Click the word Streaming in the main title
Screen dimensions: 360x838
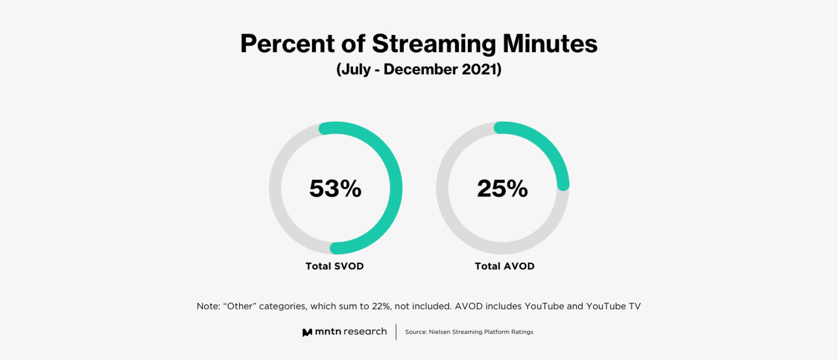[433, 44]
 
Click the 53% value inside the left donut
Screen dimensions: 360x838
[335, 189]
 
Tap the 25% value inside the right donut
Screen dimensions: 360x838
[502, 189]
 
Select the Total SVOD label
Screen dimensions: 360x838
[334, 266]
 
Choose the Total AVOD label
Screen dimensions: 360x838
[504, 266]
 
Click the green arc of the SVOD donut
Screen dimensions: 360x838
[396, 188]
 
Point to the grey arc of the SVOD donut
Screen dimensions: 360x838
[276, 188]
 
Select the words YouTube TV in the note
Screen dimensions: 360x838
[613, 307]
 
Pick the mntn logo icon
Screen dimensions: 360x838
[307, 332]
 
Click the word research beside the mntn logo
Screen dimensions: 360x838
[365, 332]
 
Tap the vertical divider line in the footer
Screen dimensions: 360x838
[396, 332]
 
